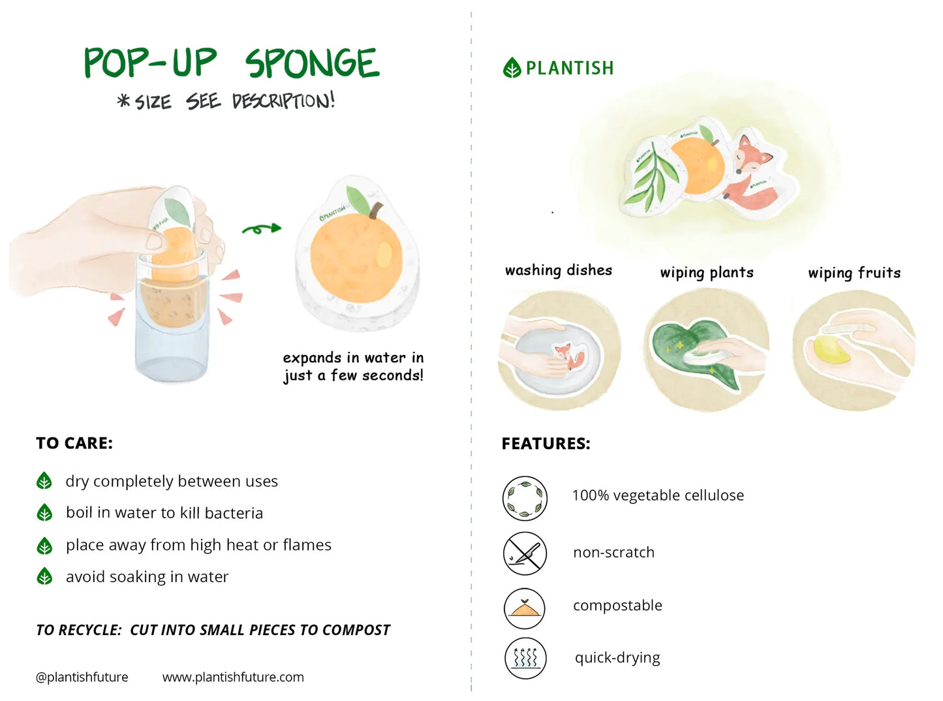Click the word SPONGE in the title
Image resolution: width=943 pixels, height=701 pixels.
[x=312, y=63]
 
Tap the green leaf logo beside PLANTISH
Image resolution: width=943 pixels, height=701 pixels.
[x=512, y=68]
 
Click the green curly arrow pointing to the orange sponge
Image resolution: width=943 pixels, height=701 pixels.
[x=261, y=228]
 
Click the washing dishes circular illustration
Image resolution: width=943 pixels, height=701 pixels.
[x=559, y=351]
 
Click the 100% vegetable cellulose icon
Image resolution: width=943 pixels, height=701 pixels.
[x=525, y=498]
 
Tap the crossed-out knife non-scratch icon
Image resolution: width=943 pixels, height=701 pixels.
[x=525, y=553]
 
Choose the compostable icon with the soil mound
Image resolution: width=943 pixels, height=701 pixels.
[x=525, y=608]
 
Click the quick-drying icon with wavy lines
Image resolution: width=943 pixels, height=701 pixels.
[x=525, y=658]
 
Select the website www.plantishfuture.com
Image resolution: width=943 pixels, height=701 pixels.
[x=233, y=678]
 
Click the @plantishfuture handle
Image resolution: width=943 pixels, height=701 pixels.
[x=82, y=678]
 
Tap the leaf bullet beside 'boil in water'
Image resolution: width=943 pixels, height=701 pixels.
[x=44, y=513]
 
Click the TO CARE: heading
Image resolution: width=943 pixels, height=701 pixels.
[x=74, y=443]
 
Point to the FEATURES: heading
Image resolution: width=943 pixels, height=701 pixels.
[x=546, y=444]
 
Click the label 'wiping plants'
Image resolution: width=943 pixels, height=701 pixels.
[x=707, y=273]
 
